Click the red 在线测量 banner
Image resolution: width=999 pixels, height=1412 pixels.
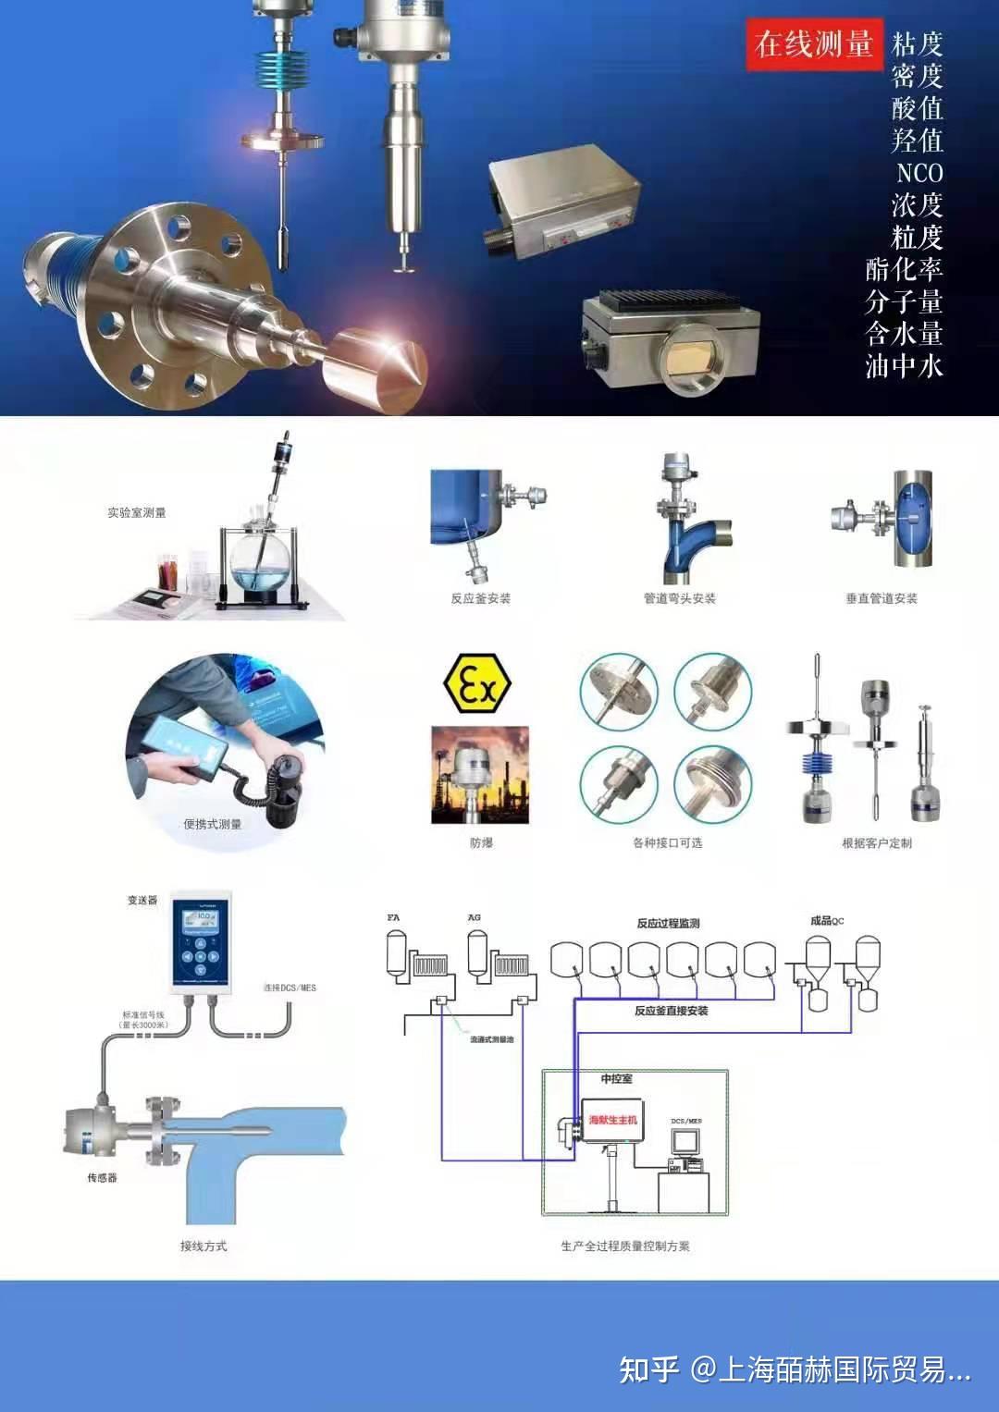click(x=814, y=43)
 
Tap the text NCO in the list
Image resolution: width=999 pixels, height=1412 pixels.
click(x=919, y=173)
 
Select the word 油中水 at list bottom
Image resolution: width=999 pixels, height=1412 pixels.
click(x=904, y=366)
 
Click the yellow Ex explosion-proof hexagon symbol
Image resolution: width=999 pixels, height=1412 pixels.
click(x=476, y=684)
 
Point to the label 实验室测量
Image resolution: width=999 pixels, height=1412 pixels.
click(x=136, y=512)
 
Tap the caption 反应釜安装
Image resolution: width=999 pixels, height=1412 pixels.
click(x=480, y=598)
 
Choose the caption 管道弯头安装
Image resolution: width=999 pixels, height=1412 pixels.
click(x=680, y=598)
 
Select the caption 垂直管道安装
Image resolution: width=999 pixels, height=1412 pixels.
click(x=881, y=598)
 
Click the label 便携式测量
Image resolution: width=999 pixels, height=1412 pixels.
click(x=212, y=824)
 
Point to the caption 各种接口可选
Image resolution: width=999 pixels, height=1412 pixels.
click(x=667, y=842)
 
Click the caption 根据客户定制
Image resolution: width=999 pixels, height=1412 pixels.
click(x=876, y=842)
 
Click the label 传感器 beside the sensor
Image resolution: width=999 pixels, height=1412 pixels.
click(x=102, y=1177)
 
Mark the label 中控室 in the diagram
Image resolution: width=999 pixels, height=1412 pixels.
click(x=616, y=1078)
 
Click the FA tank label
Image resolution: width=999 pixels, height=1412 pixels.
click(x=393, y=917)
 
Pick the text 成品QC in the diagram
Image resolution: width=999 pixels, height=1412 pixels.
click(x=826, y=920)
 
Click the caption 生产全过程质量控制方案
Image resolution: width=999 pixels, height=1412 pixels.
click(x=624, y=1246)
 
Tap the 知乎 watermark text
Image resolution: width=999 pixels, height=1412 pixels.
click(x=648, y=1369)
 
